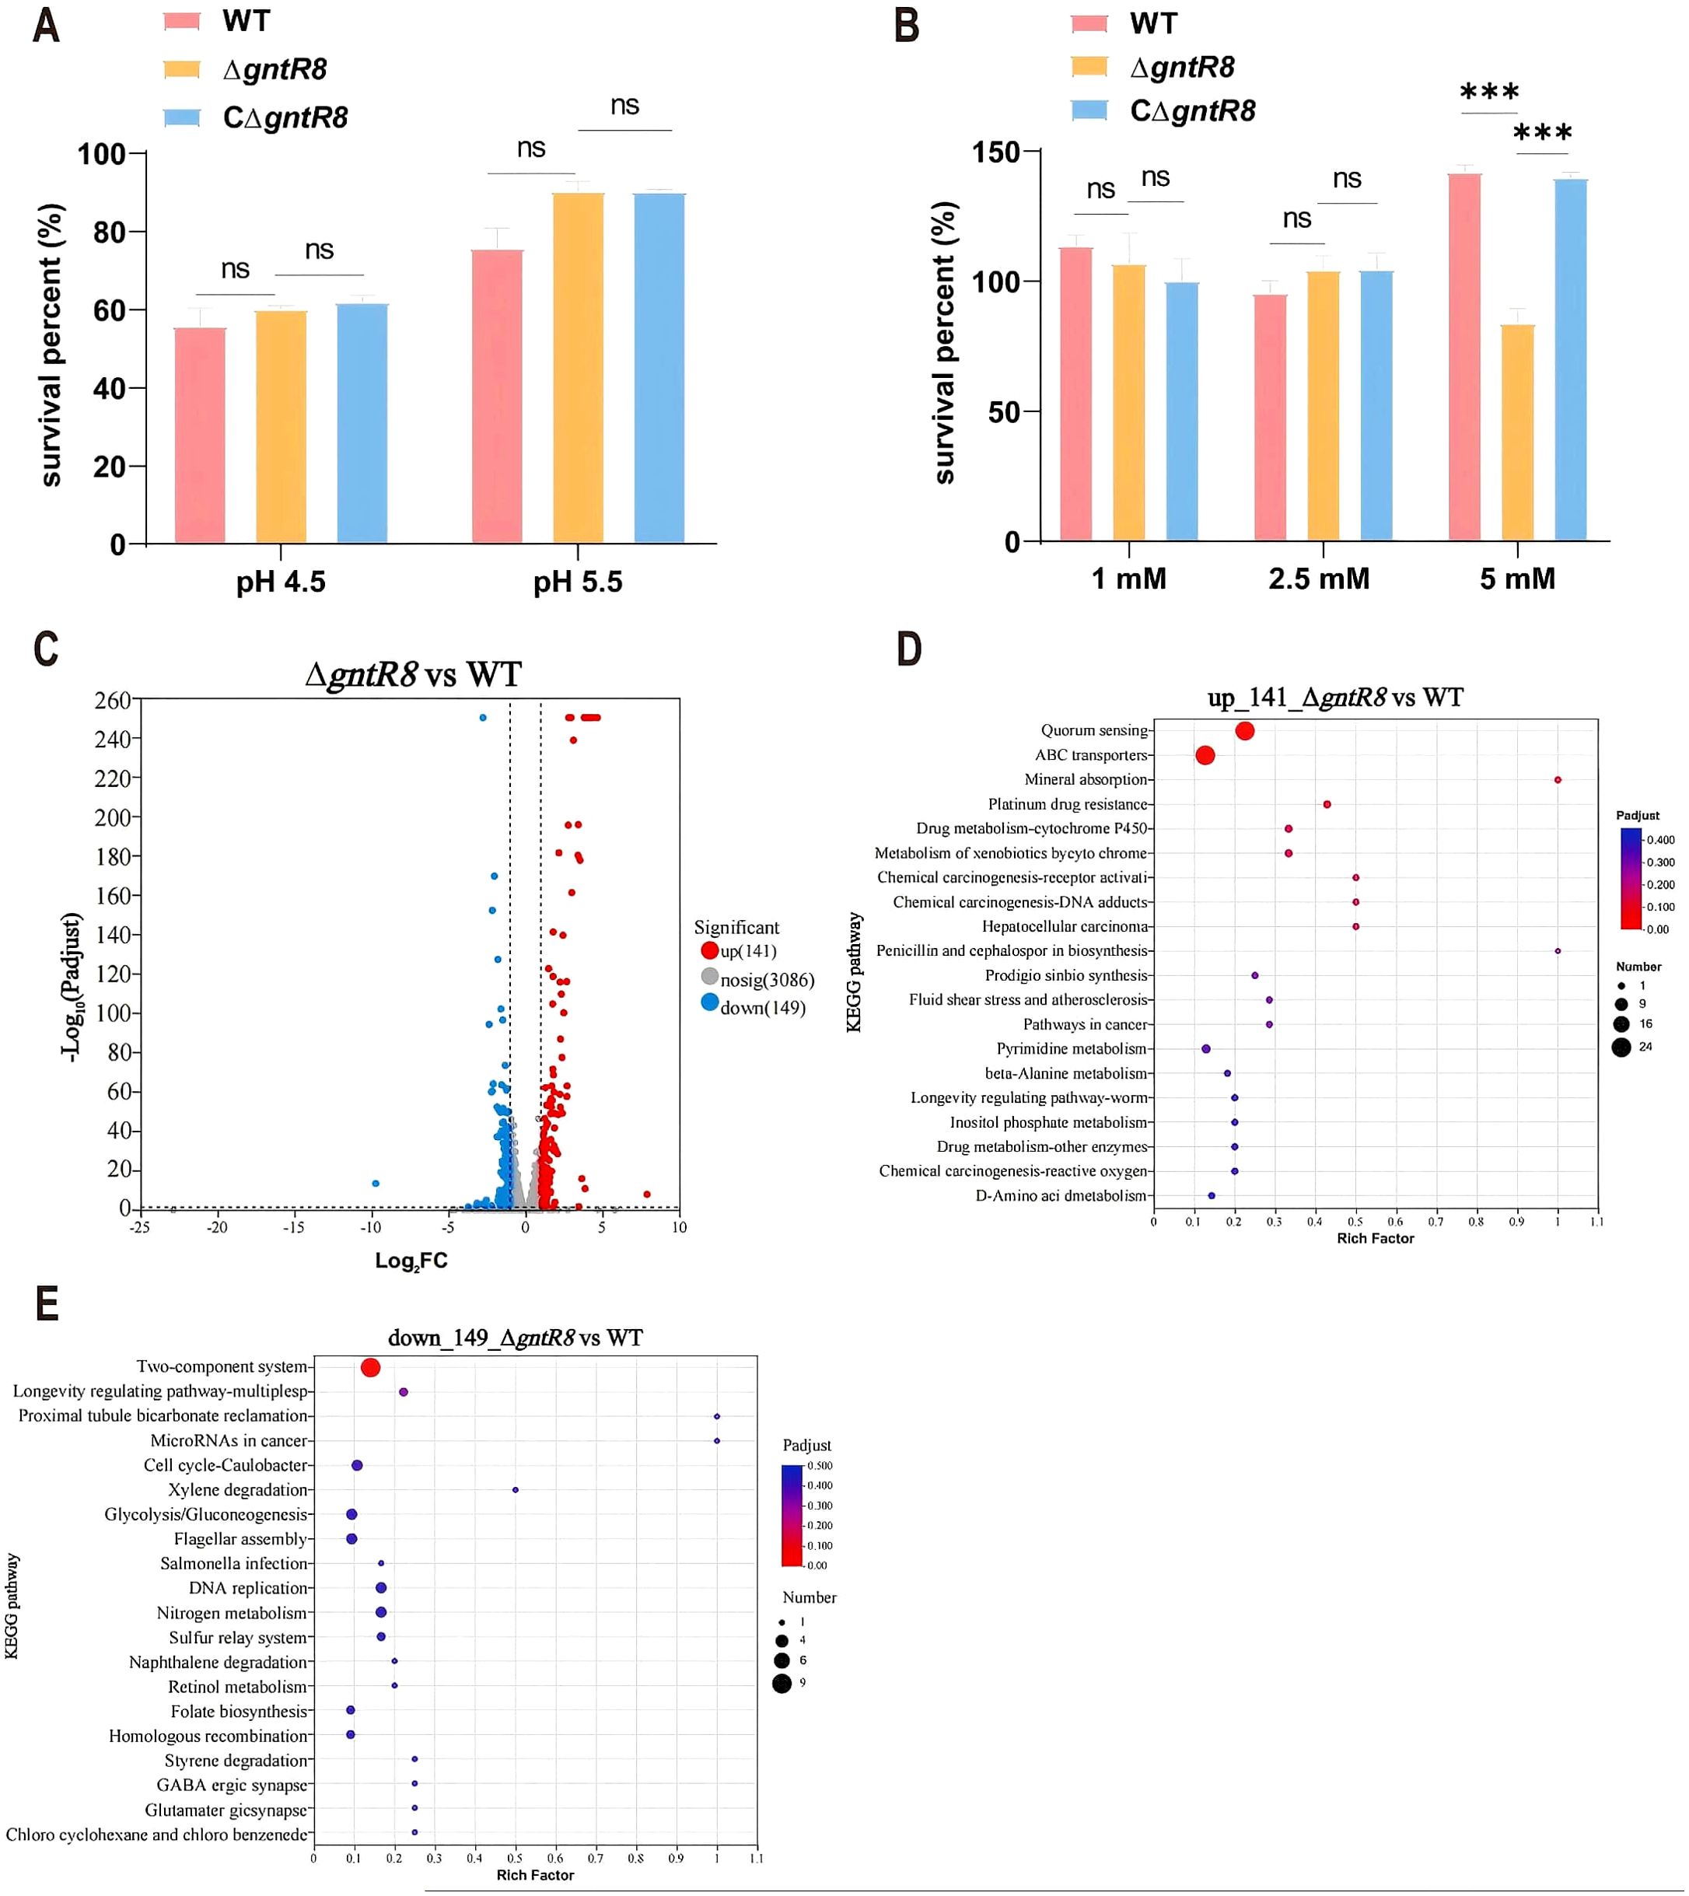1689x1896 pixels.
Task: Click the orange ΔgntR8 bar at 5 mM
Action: point(1517,432)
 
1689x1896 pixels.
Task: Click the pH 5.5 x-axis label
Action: point(577,582)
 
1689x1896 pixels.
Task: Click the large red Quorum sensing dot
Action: point(1244,731)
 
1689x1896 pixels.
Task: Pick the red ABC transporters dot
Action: point(1205,755)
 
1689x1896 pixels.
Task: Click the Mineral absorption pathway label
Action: point(1085,779)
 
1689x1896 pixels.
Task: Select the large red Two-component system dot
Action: point(370,1368)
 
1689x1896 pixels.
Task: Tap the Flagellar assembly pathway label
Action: point(240,1540)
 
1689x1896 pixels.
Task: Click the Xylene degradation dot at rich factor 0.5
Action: point(515,1491)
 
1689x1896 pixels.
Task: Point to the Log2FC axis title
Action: point(411,1261)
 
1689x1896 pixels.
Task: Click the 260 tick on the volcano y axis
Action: point(111,701)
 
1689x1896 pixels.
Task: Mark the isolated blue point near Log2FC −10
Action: point(375,1184)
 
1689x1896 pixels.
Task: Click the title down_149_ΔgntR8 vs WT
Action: point(515,1338)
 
